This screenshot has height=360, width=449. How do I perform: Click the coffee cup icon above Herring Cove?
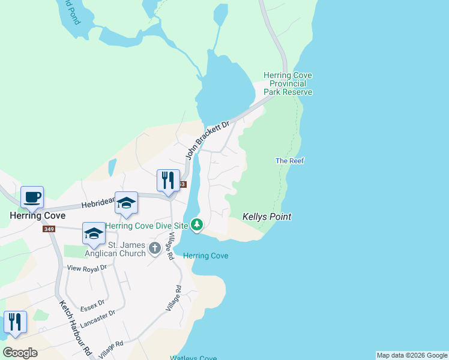[32, 196]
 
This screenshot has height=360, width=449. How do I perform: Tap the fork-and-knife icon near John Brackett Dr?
[168, 180]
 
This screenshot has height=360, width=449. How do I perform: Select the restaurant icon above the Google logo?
[15, 322]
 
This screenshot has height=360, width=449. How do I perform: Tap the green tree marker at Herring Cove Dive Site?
[197, 226]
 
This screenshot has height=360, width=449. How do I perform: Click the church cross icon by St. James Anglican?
[155, 248]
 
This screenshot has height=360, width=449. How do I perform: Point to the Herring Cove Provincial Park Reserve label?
[288, 83]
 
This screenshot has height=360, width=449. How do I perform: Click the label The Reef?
[289, 161]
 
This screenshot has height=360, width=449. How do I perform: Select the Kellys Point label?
[267, 217]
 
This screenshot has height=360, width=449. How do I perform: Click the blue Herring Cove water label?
[205, 256]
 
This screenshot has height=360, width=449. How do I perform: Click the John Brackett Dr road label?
[208, 140]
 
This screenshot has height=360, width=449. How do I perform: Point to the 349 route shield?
[49, 229]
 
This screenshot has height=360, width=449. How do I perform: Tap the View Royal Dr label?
[86, 268]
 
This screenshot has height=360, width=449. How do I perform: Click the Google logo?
[20, 353]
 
